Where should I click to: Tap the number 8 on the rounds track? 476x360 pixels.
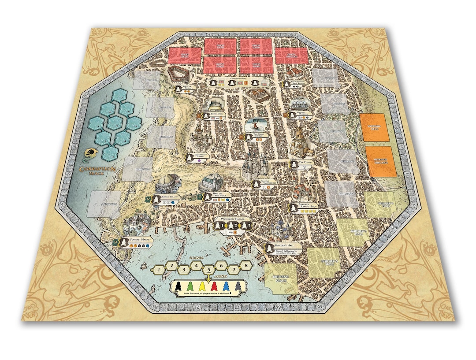[245, 266]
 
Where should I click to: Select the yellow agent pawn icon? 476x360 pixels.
[203, 286]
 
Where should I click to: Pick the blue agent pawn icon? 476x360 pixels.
[226, 286]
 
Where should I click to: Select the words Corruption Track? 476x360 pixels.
[97, 170]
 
